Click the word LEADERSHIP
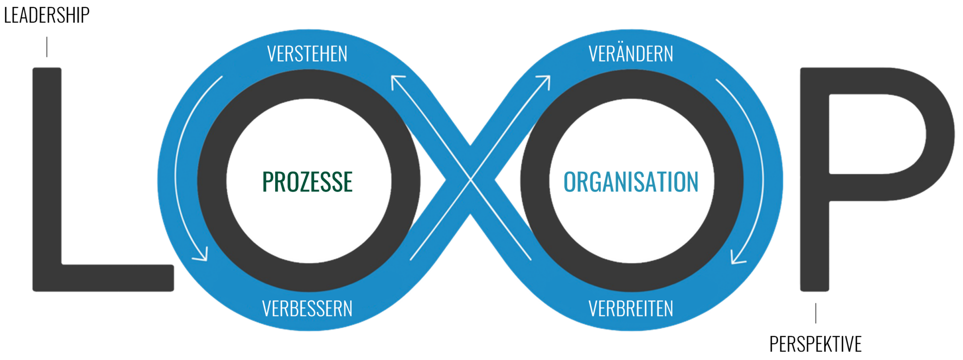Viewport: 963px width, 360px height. tap(47, 16)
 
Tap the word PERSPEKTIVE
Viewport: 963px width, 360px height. tap(815, 344)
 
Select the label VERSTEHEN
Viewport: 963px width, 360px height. tap(308, 54)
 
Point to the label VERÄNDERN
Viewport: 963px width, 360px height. tap(631, 53)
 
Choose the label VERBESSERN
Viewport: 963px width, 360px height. tap(307, 309)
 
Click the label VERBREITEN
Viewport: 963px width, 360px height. tap(631, 309)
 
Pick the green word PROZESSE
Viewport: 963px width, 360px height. tap(308, 182)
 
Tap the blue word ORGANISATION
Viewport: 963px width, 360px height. tap(631, 182)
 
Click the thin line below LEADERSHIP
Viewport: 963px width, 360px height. tap(47, 47)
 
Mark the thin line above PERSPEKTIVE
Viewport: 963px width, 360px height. tap(816, 313)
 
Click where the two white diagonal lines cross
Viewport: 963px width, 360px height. tap(470, 179)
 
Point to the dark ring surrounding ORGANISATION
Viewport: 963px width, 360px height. tap(535, 181)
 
